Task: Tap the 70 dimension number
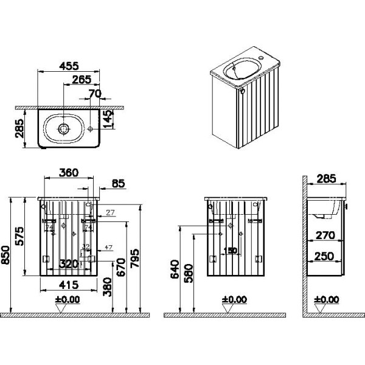click(94, 94)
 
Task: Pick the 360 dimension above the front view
click(69, 172)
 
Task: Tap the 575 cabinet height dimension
click(19, 234)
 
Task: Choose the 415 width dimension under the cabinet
click(69, 283)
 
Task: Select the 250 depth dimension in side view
click(325, 257)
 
